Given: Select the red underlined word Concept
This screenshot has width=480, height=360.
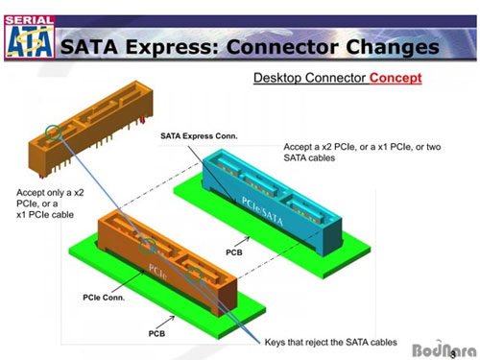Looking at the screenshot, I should pyautogui.click(x=394, y=78).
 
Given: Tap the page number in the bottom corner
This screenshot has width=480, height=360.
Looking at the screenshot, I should pyautogui.click(x=453, y=325).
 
